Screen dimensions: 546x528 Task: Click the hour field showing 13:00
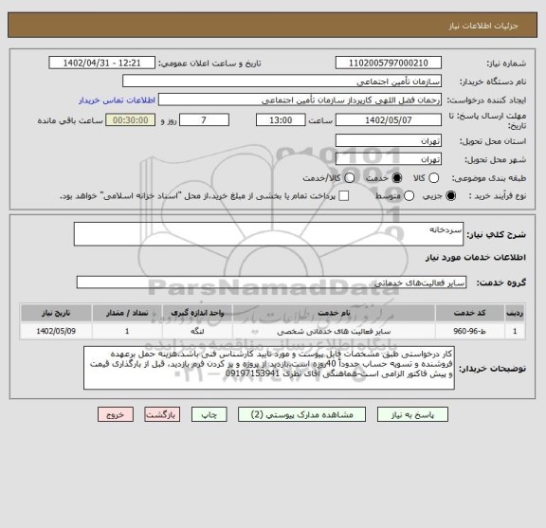(281, 120)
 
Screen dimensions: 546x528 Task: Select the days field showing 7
(204, 120)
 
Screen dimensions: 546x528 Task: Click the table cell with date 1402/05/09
(52, 332)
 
